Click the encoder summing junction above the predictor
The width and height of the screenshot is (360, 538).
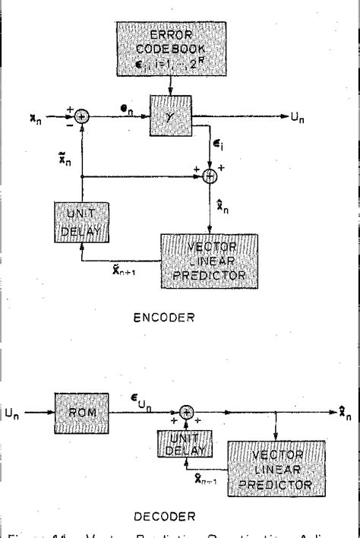(x=209, y=176)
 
